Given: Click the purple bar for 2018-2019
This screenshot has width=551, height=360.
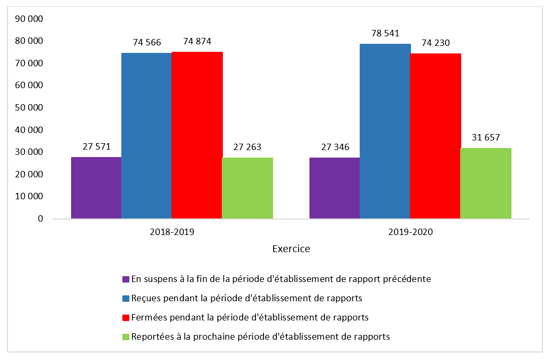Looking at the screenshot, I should [x=96, y=187].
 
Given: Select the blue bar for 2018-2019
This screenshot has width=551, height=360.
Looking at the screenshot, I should [x=146, y=136].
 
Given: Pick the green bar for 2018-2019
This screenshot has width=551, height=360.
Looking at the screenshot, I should [x=247, y=188].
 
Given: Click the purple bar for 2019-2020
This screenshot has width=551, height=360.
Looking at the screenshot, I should [x=335, y=188].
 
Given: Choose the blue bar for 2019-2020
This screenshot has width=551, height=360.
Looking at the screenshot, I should [x=385, y=131].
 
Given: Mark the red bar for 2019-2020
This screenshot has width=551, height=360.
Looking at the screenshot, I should [x=435, y=136].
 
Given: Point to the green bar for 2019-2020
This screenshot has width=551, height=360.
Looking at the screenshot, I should [x=485, y=183].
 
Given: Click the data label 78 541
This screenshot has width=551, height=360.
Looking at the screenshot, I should [x=385, y=34].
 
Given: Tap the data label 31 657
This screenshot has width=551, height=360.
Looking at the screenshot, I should [x=485, y=138].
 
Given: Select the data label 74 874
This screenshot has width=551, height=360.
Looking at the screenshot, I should [x=197, y=42].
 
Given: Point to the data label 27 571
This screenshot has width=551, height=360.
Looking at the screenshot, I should [x=96, y=147].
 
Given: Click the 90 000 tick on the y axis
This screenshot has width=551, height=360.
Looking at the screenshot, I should [x=29, y=19].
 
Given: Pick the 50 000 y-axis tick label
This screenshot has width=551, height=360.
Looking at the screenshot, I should [x=29, y=107].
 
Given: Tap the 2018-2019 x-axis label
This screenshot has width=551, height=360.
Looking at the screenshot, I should [x=172, y=232].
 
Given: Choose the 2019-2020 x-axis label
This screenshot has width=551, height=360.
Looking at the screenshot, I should [x=410, y=232].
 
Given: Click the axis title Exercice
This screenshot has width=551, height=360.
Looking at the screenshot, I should [x=291, y=249].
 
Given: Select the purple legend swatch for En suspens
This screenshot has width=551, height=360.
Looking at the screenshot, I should [x=126, y=279].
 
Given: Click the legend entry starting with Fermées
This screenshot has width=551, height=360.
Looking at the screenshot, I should [x=250, y=317].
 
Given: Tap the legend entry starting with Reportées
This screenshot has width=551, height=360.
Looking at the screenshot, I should [x=260, y=336].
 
